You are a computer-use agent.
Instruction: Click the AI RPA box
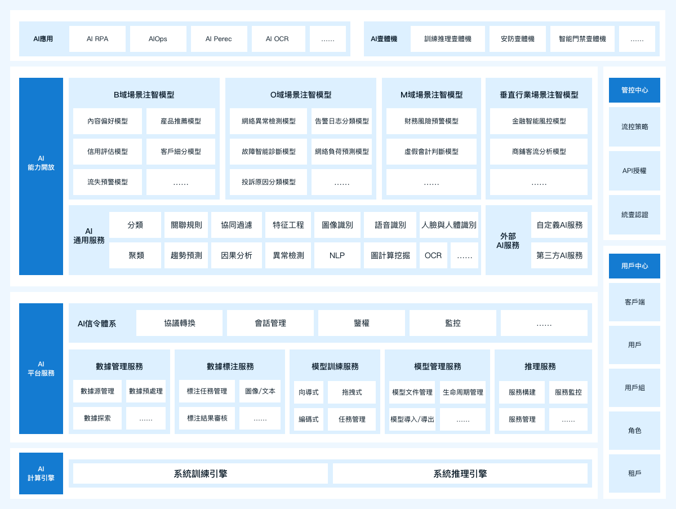(x=97, y=39)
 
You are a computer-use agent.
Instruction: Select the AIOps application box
(x=158, y=39)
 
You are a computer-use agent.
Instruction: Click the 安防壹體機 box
(x=517, y=39)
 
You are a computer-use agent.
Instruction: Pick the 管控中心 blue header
(x=634, y=90)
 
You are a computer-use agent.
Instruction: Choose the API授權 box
(x=634, y=171)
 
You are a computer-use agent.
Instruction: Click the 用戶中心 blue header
(x=634, y=266)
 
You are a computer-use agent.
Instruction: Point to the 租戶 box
(x=634, y=473)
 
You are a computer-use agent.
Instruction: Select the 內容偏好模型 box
(x=108, y=121)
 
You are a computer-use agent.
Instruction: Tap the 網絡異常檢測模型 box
(x=268, y=121)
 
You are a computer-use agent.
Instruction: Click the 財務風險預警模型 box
(x=431, y=121)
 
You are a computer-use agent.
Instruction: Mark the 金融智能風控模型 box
(x=539, y=121)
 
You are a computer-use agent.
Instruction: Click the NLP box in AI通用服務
(x=337, y=255)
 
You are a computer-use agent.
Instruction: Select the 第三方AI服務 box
(x=559, y=255)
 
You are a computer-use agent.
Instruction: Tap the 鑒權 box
(x=362, y=323)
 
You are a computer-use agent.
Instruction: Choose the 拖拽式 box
(x=352, y=392)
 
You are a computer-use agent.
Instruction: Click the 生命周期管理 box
(x=462, y=392)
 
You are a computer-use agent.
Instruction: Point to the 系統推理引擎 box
(x=460, y=473)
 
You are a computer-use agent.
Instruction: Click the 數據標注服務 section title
(x=230, y=366)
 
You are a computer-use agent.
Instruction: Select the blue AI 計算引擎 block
(x=41, y=473)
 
